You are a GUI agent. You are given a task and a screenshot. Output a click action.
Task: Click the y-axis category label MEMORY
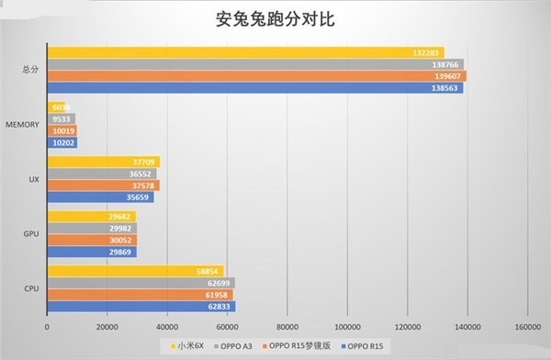tap(21, 124)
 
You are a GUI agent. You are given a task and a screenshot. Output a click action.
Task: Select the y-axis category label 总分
tap(29, 70)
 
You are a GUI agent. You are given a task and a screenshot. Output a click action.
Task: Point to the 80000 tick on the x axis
tap(287, 327)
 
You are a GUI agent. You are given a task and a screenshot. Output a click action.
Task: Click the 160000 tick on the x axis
tap(527, 327)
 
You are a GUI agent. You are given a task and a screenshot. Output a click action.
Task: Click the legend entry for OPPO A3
tap(242, 346)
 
